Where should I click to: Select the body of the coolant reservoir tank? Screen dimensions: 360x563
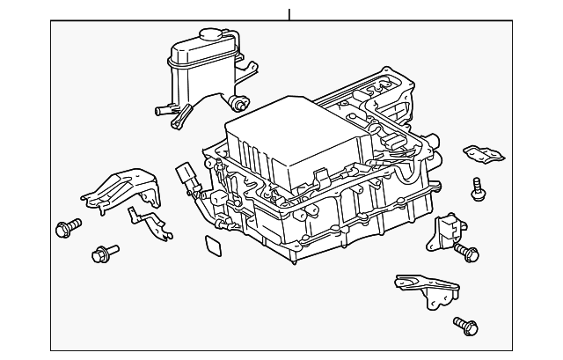click(x=194, y=70)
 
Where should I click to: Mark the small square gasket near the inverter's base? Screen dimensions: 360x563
click(x=212, y=246)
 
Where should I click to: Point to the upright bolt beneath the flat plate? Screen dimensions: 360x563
click(x=478, y=187)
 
